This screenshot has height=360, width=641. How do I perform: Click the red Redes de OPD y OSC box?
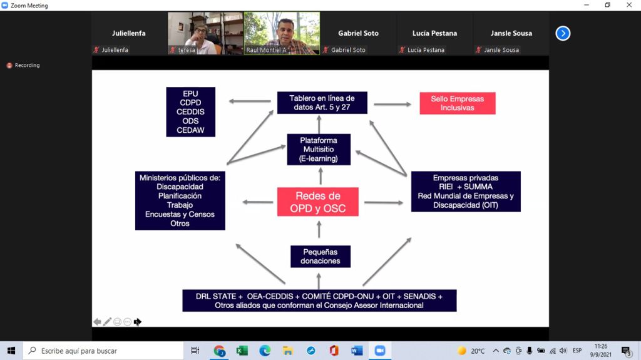pyautogui.click(x=317, y=202)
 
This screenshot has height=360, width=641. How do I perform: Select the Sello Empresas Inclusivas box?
pyautogui.click(x=458, y=103)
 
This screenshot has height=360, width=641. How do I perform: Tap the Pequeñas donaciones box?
pyautogui.click(x=320, y=257)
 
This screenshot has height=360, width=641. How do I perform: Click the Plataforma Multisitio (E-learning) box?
pyautogui.click(x=319, y=149)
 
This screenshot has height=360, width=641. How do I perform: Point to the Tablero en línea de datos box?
pyautogui.click(x=322, y=103)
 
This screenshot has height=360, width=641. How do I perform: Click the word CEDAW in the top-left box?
pyautogui.click(x=190, y=130)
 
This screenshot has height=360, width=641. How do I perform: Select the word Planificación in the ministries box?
pyautogui.click(x=180, y=196)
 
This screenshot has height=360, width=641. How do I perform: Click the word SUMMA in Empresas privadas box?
pyautogui.click(x=478, y=187)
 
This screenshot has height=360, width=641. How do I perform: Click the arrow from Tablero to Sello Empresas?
pyautogui.click(x=392, y=105)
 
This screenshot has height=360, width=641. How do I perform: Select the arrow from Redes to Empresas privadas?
pyautogui.click(x=384, y=202)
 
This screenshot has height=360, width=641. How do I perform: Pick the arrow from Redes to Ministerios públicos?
pyautogui.click(x=257, y=202)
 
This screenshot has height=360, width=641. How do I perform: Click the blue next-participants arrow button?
pyautogui.click(x=563, y=33)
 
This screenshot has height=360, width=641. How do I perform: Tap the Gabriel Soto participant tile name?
pyautogui.click(x=358, y=33)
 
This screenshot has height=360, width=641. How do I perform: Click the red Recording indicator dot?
pyautogui.click(x=9, y=66)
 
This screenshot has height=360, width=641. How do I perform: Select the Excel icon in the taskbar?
pyautogui.click(x=242, y=351)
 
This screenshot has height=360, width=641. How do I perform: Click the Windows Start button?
pyautogui.click(x=11, y=351)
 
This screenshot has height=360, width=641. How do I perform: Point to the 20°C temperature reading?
pyautogui.click(x=478, y=351)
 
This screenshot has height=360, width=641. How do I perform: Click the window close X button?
pyautogui.click(x=629, y=5)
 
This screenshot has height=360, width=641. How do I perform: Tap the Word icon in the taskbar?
pyautogui.click(x=357, y=351)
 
